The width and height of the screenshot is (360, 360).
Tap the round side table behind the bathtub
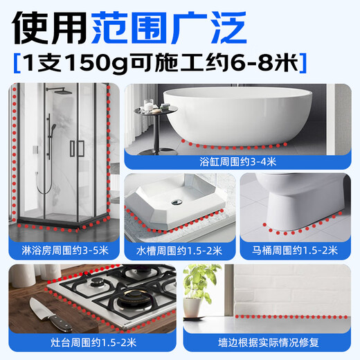point(156,111)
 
